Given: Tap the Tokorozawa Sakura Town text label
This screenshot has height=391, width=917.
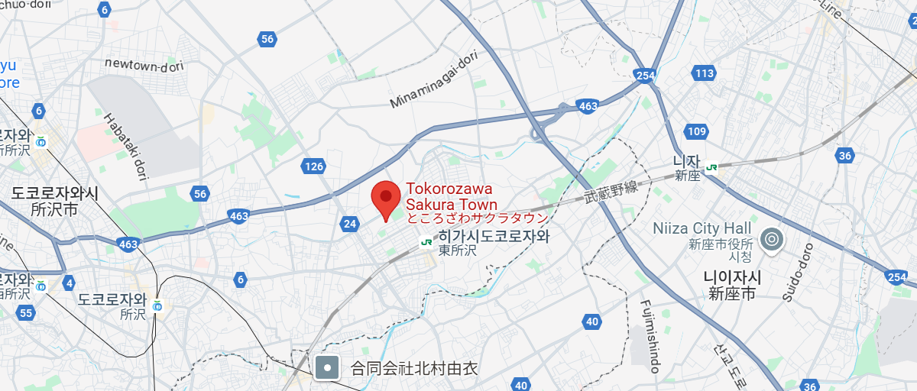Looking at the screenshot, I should coord(449,196).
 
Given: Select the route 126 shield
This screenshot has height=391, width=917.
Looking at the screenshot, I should coord(314,166).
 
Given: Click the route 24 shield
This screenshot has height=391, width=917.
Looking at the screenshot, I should coord(350,224).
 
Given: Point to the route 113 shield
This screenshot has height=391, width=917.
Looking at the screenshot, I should coord(704,73).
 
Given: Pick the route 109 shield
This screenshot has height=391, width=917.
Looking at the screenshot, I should coord(696,132).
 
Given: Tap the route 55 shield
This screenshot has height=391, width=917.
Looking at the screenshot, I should coord(26,312).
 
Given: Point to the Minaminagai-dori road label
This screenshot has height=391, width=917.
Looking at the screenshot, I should coord(433,79).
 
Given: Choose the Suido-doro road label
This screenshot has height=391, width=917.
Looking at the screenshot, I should coord(795,271).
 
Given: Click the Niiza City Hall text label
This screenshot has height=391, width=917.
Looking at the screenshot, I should coord(702,228).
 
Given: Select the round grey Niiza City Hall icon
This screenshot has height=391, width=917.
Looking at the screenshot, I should coord(772,240).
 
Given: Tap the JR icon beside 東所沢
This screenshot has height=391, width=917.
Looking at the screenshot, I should coord(426,242).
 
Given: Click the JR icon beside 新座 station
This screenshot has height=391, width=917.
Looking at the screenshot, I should coord(712,167).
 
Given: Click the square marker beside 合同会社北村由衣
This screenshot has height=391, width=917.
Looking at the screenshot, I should coord(328,368).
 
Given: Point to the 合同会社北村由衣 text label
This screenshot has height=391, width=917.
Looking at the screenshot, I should coord(413,369).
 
